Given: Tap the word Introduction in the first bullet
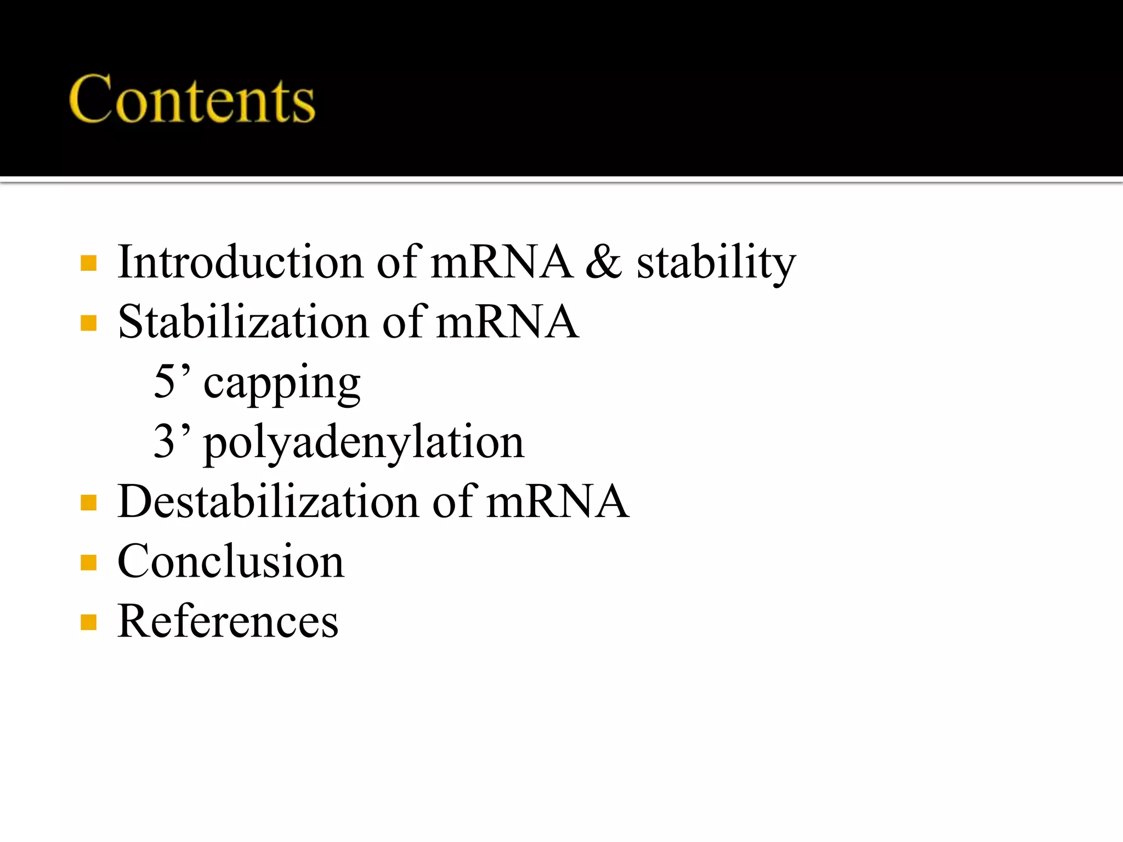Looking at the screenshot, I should click(x=240, y=262).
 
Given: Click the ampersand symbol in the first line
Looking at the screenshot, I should click(x=604, y=262).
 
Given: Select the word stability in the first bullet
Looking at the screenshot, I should click(x=716, y=263).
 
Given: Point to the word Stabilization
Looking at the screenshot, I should click(x=243, y=322).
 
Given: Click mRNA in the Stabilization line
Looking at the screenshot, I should click(x=507, y=322).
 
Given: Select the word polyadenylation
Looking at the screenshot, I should click(x=364, y=443).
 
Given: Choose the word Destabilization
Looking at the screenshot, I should click(x=268, y=501).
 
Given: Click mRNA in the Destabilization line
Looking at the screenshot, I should click(x=557, y=501).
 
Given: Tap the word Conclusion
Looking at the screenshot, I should click(x=231, y=561).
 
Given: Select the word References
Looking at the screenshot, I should click(x=228, y=621).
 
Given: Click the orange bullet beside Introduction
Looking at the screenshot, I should click(x=88, y=263).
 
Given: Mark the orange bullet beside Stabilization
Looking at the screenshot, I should click(x=88, y=323).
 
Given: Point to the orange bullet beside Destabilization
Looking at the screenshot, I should click(x=88, y=503).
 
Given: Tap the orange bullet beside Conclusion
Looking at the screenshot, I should click(x=88, y=562).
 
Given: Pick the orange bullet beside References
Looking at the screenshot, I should click(x=88, y=622).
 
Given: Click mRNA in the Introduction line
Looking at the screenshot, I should click(x=502, y=262).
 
